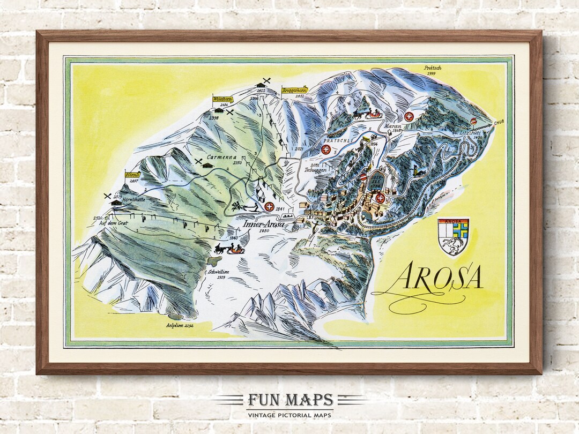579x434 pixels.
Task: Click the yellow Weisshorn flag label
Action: coord(222,99)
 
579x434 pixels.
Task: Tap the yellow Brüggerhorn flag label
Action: coord(294,91)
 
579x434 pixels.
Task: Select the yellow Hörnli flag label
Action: coord(132,175)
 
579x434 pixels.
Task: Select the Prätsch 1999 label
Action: coord(432,69)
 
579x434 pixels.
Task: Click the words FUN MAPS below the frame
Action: coord(290,400)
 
